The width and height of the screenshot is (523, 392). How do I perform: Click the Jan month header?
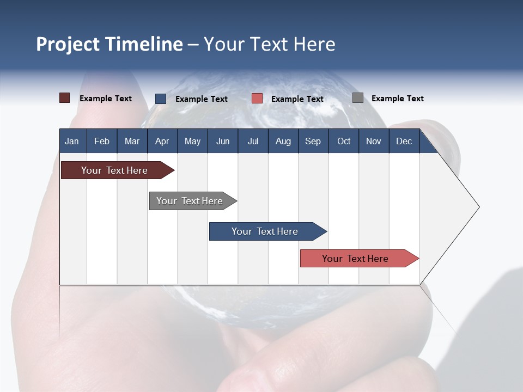(x=72, y=141)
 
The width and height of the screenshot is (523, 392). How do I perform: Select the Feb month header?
(x=102, y=141)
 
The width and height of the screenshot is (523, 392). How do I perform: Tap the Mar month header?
(x=132, y=141)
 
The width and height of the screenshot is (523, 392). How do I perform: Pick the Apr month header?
(x=162, y=141)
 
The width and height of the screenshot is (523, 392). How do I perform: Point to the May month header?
(x=192, y=141)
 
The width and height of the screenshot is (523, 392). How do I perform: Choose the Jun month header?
(x=223, y=141)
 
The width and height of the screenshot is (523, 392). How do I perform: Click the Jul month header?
(x=253, y=141)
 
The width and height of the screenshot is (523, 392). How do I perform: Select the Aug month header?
(x=283, y=141)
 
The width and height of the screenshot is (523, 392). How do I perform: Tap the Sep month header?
(x=313, y=141)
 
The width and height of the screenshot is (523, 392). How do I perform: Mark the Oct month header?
(x=344, y=141)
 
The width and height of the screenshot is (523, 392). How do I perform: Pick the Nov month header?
(x=374, y=141)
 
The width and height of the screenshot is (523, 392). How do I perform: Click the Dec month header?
(x=404, y=141)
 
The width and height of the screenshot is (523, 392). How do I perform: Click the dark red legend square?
(x=65, y=98)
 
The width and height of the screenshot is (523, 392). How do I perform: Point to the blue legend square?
(x=161, y=99)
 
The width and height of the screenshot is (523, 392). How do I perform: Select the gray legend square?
(x=358, y=98)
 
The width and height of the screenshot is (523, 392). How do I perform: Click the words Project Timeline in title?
(x=110, y=44)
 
